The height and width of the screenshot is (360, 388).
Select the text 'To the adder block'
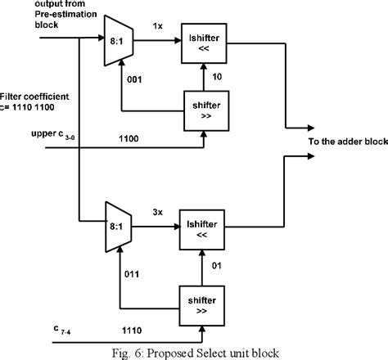(346, 142)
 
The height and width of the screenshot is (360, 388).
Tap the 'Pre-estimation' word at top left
(33, 15)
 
